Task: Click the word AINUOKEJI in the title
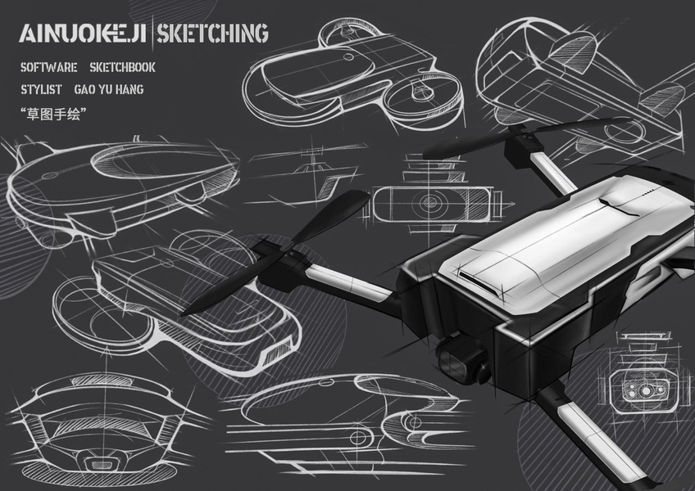[x=83, y=34]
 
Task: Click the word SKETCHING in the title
[x=212, y=34]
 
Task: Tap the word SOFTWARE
[x=49, y=67]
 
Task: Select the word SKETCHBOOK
[x=122, y=67]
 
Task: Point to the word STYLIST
[x=43, y=89]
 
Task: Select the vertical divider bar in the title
[x=152, y=34]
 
